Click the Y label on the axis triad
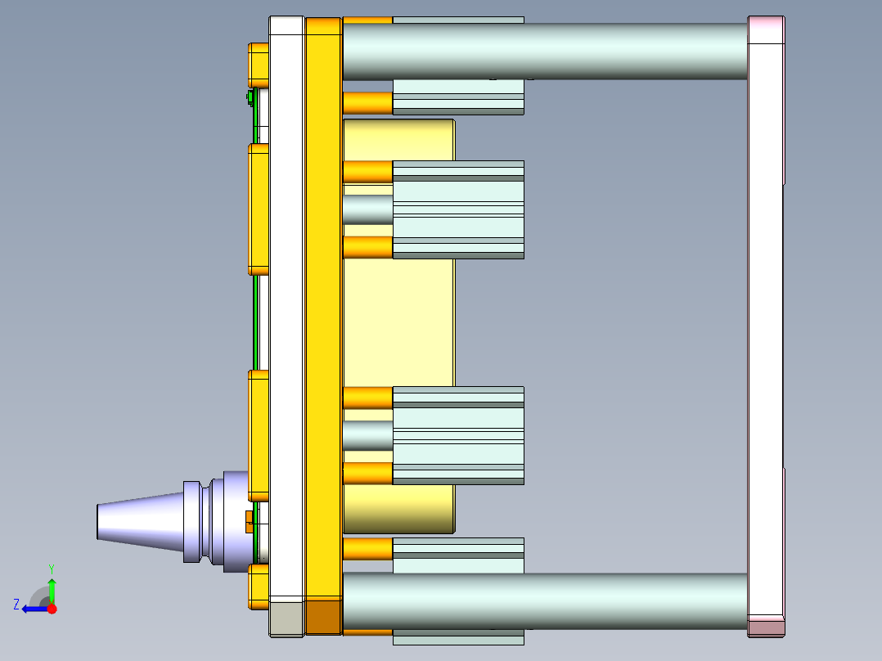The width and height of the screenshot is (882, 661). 52,567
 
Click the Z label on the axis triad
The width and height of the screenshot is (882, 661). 16,605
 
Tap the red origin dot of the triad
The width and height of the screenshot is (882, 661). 52,609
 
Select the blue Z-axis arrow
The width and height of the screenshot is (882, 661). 33,609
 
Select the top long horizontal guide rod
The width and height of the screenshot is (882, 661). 544,51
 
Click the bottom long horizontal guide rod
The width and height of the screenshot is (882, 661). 544,600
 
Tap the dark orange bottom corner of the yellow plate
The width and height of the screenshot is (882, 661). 323,617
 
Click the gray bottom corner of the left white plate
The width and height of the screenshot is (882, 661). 286,618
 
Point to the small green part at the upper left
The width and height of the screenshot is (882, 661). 249,98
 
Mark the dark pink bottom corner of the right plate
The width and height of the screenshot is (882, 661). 766,627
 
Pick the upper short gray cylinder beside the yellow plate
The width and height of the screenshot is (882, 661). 367,209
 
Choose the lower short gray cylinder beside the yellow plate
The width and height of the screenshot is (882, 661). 367,435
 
